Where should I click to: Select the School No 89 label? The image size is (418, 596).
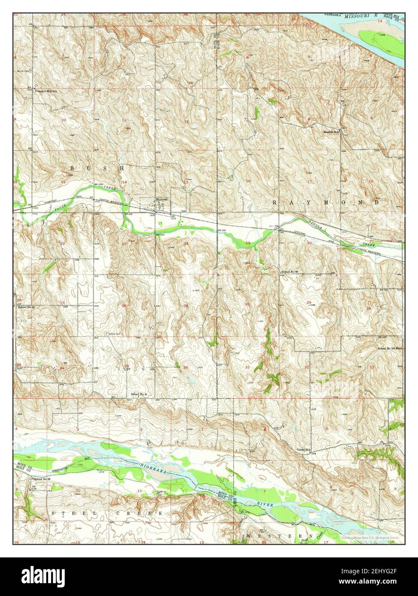point(292,272)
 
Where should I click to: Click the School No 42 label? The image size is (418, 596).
point(26,307)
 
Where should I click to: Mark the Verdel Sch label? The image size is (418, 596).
point(304,449)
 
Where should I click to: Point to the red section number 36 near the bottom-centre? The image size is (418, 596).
point(185,367)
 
